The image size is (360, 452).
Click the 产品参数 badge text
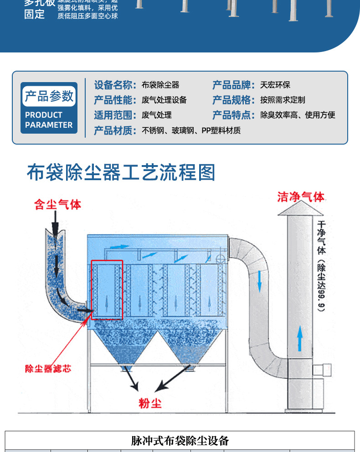click(x=49, y=96)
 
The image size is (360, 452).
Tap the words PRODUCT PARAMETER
click(x=49, y=120)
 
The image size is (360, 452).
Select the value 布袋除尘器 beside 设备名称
click(x=160, y=85)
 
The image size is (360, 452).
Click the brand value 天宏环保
click(x=275, y=85)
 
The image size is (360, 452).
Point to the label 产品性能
click(x=115, y=100)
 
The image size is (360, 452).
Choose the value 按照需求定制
click(x=283, y=100)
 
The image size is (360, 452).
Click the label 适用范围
click(x=115, y=115)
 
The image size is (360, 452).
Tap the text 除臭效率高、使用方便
click(x=298, y=115)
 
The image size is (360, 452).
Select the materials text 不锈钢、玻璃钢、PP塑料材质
click(x=191, y=130)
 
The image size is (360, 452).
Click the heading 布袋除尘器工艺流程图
click(x=121, y=172)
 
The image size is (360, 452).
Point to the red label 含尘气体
click(x=58, y=205)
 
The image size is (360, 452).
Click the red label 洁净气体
click(x=301, y=197)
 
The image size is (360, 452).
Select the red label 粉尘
click(x=150, y=403)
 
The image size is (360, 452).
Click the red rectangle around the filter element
click(x=107, y=289)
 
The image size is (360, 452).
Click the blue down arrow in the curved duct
click(x=259, y=281)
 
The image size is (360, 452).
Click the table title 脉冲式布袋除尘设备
click(x=180, y=441)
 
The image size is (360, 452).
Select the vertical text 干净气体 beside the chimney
click(x=321, y=237)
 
